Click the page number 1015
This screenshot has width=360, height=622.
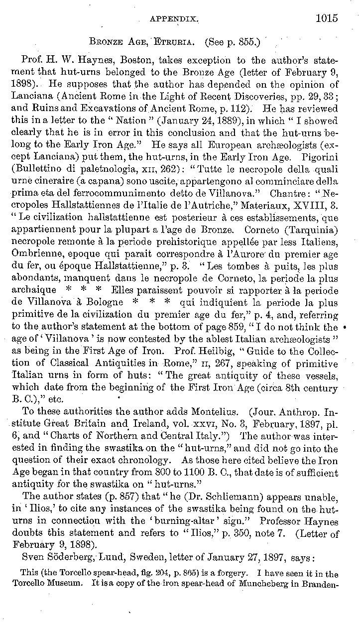pos(326,18)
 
